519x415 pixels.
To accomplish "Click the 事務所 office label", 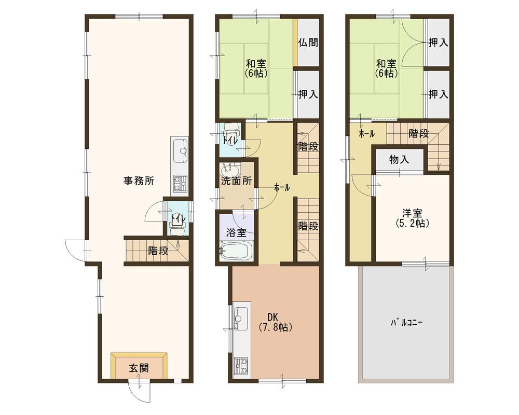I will pyautogui.click(x=138, y=181).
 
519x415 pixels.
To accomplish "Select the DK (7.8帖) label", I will pyautogui.click(x=275, y=322).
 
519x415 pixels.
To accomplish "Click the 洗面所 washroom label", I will pyautogui.click(x=236, y=182).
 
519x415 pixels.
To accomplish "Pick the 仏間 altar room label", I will pyautogui.click(x=308, y=43).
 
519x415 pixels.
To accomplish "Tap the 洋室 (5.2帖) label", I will pyautogui.click(x=411, y=218).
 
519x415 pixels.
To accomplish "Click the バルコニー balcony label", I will pyautogui.click(x=407, y=322).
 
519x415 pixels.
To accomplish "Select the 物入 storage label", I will pyautogui.click(x=399, y=159).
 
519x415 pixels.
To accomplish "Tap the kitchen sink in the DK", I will pyautogui.click(x=241, y=316).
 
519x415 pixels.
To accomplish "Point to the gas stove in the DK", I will pyautogui.click(x=242, y=366).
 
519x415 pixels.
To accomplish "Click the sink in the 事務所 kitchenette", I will pyautogui.click(x=179, y=150).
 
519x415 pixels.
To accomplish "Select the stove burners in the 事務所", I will pyautogui.click(x=180, y=181).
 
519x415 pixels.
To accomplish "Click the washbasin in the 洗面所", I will pyautogui.click(x=230, y=170).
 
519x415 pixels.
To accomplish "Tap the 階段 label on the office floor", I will pyautogui.click(x=158, y=252).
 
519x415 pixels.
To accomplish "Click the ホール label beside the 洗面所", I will pyautogui.click(x=282, y=187).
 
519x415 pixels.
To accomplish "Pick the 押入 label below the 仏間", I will pyautogui.click(x=308, y=94).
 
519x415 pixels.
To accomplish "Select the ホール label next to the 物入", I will pyautogui.click(x=366, y=134).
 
